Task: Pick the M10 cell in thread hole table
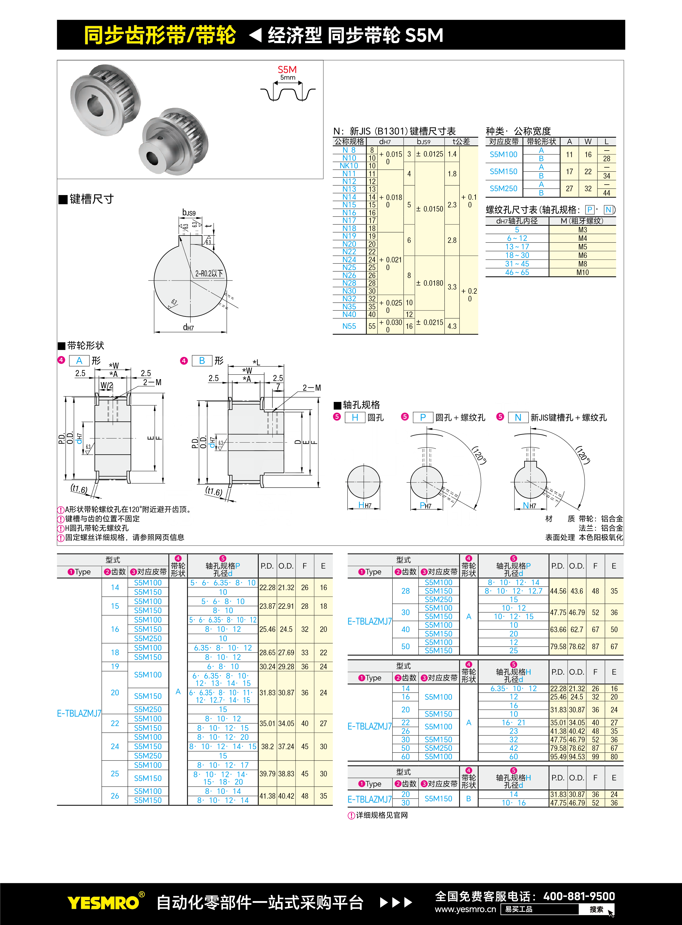[582, 272]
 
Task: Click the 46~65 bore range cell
[517, 272]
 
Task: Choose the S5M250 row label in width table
[503, 188]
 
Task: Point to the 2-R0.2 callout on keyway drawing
[209, 274]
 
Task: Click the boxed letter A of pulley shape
[79, 361]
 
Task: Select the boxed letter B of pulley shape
[202, 361]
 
